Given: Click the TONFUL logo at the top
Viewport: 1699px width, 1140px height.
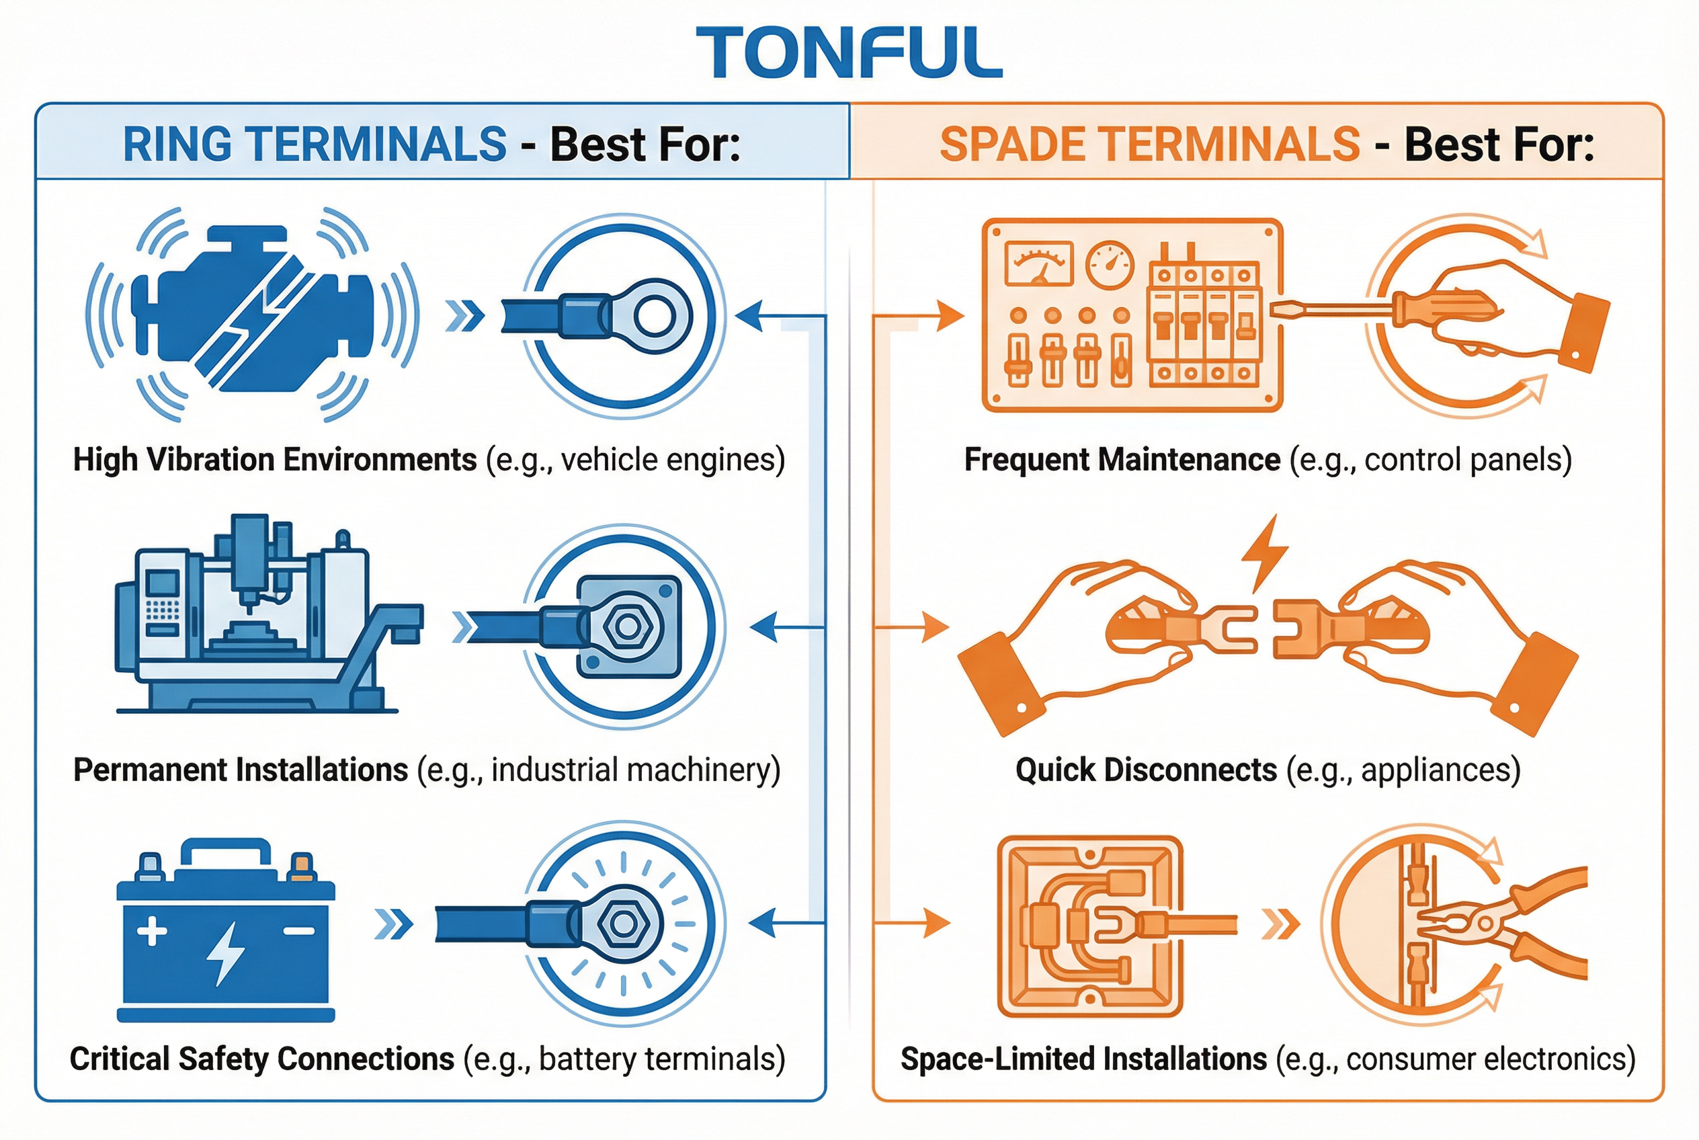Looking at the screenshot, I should [x=848, y=52].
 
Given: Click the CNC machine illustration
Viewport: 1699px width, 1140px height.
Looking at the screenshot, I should [x=261, y=618].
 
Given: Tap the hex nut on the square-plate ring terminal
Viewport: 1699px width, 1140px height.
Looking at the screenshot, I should [x=624, y=626].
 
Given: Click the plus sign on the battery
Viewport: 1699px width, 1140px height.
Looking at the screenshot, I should [x=152, y=930].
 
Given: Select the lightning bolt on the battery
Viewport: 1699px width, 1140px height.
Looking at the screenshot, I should [x=226, y=952].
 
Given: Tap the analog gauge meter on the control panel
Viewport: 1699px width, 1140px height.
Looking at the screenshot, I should [x=1038, y=263].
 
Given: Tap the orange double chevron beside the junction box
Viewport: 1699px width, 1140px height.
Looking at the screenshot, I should [x=1280, y=925].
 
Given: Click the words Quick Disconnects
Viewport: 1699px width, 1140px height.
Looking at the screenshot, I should [x=1146, y=770].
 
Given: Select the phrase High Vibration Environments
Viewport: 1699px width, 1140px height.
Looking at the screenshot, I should [x=275, y=460].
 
